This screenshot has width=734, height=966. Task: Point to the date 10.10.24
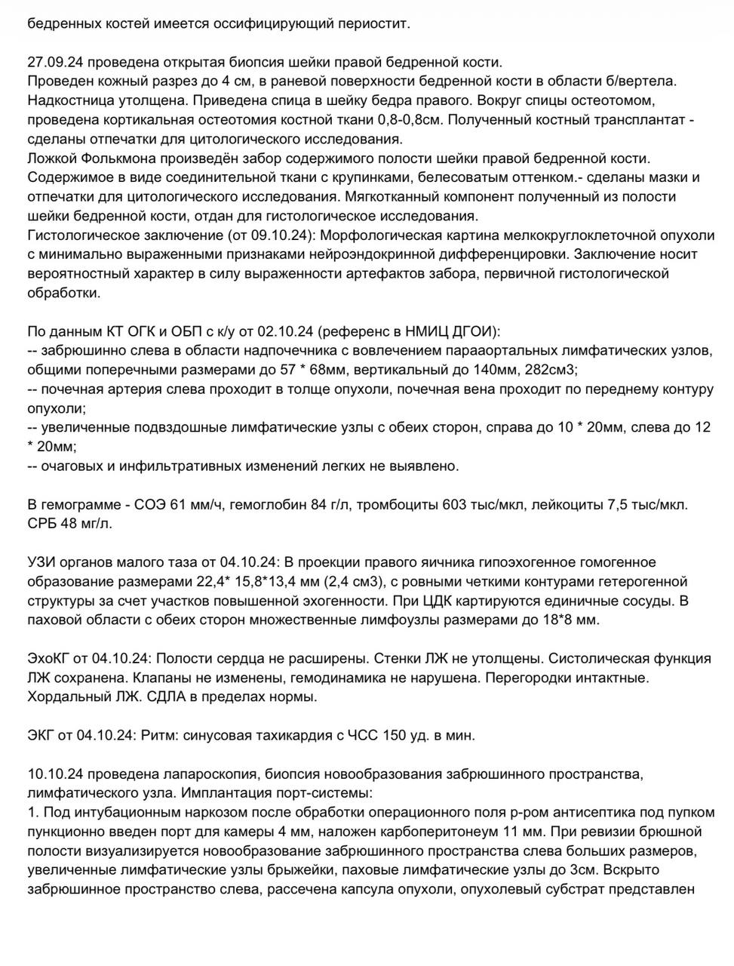coord(54,774)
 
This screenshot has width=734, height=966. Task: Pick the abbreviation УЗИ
coord(42,563)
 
